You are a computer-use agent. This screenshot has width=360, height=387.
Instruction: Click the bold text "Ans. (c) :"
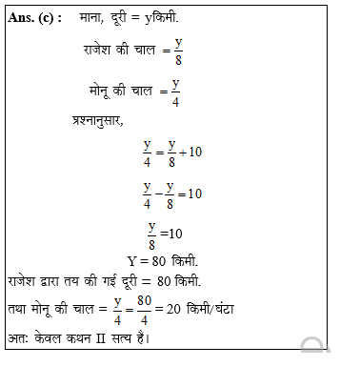(35, 19)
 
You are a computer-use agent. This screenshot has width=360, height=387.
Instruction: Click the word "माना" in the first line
(95, 19)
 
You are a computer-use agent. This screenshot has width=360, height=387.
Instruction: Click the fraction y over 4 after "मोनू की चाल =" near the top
(176, 95)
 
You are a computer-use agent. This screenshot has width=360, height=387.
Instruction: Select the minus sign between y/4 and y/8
(159, 193)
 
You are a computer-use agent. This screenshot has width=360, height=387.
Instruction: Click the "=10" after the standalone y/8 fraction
(170, 234)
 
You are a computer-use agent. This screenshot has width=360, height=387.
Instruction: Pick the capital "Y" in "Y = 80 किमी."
(131, 259)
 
